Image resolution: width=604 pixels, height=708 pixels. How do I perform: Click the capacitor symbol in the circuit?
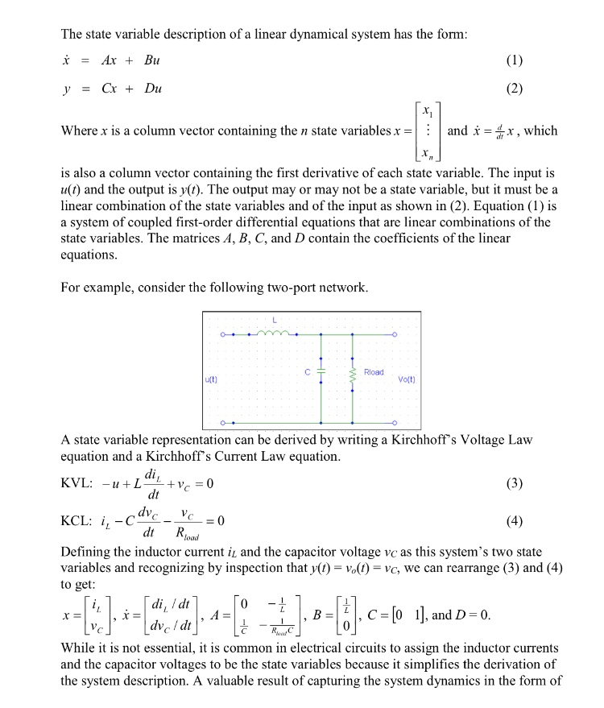click(x=321, y=373)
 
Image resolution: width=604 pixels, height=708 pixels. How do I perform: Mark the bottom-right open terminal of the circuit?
click(x=395, y=421)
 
